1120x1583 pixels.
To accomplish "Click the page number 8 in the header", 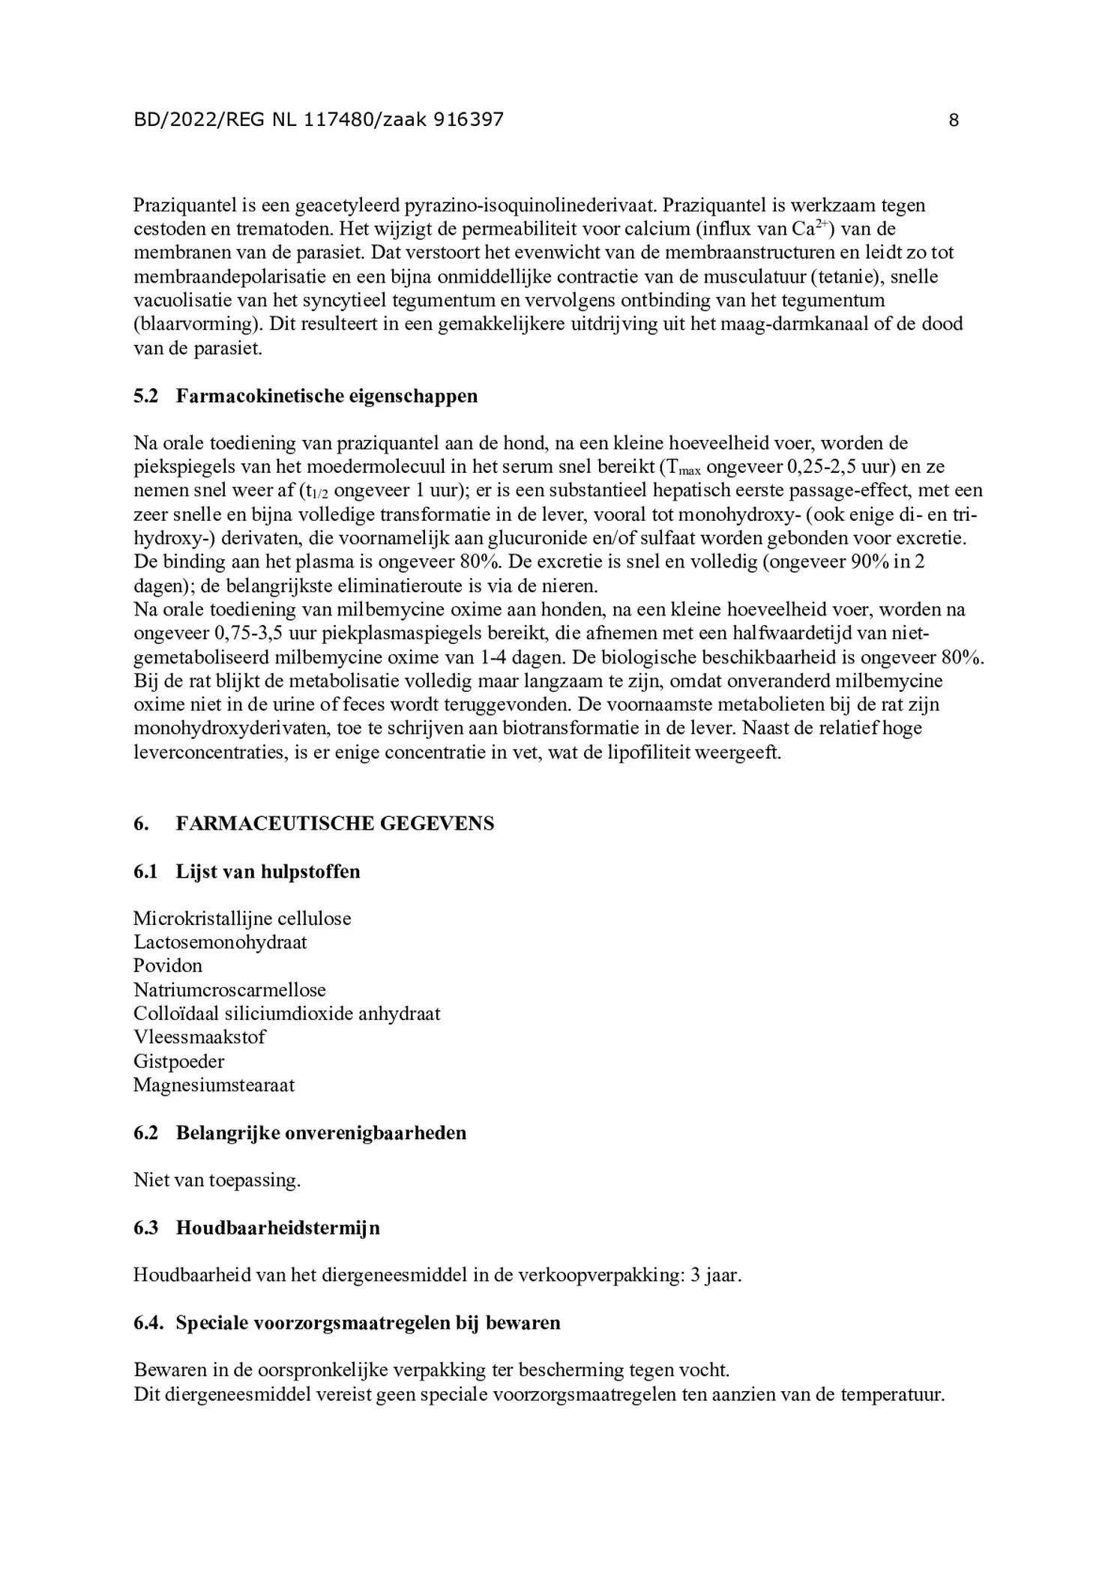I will (953, 120).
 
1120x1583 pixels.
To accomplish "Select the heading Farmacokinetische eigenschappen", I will (326, 396).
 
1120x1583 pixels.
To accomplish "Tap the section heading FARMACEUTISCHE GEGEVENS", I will (334, 824).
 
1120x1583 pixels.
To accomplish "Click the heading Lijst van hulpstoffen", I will (268, 872).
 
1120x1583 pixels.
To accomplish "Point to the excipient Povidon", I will (168, 965).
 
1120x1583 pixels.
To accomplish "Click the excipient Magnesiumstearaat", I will (214, 1085).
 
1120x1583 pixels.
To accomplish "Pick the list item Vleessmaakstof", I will (199, 1037).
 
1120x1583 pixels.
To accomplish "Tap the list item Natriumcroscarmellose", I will (229, 990).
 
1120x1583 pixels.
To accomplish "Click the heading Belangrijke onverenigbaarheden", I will (321, 1133).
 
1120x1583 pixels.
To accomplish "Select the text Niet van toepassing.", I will (217, 1181).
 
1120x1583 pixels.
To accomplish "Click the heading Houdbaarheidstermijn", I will (277, 1228).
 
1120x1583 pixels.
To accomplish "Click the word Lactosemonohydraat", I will (220, 942).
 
